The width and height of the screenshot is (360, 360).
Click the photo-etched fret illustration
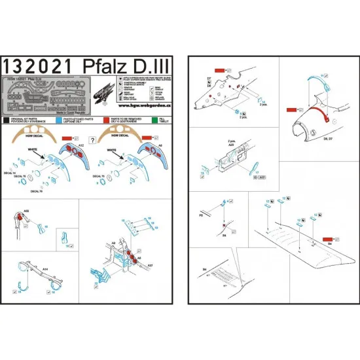(46, 97)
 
